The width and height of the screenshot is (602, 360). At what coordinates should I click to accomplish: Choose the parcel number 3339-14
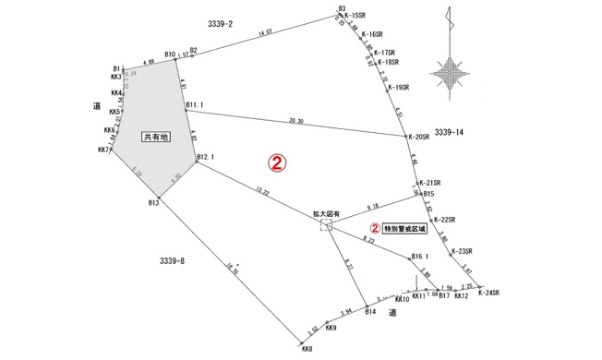451,133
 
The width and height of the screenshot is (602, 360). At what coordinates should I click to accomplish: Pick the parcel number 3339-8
172,261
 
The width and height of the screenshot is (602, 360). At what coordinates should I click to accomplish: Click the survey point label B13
154,202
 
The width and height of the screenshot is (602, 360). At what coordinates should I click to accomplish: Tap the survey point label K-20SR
420,137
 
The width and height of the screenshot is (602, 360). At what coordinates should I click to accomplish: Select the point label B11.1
194,105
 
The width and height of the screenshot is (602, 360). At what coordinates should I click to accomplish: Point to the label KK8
307,348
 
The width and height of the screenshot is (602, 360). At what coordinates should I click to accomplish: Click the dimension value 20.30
295,121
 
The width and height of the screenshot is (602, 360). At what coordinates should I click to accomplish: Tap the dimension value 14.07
266,33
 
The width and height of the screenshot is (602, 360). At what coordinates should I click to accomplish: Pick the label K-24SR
488,294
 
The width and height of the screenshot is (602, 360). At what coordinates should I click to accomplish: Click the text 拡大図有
326,213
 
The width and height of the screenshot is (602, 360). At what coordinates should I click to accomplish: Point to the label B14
370,313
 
